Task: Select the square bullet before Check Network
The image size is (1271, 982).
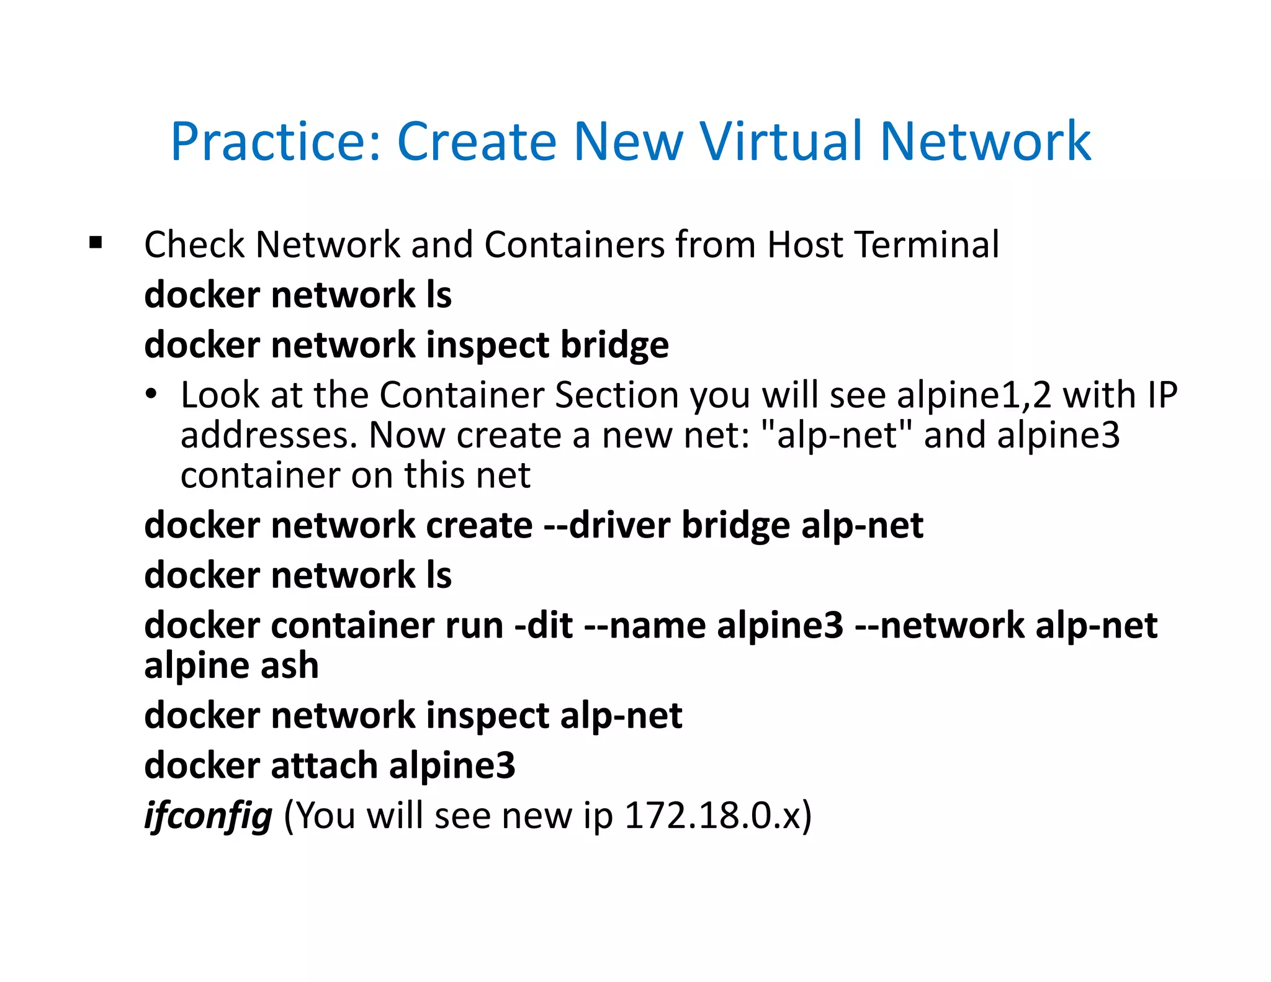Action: coord(96,243)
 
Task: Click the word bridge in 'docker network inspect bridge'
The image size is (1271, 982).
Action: coord(614,345)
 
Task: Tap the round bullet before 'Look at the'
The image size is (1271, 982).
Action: coord(151,395)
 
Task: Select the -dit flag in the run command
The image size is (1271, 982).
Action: coord(544,625)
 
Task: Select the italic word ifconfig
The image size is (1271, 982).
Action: coord(208,816)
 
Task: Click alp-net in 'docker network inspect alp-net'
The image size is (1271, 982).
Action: coord(621,716)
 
